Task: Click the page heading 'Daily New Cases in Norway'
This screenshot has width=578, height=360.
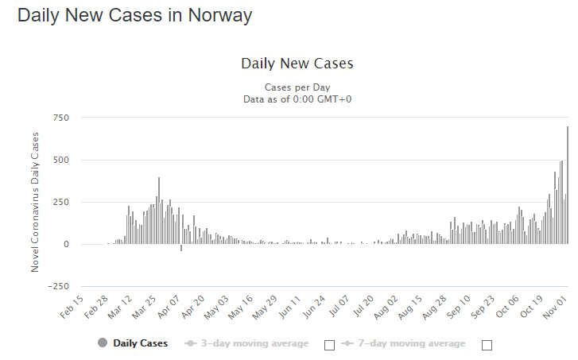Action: click(x=134, y=15)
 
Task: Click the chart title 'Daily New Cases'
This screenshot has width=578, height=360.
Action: click(x=297, y=64)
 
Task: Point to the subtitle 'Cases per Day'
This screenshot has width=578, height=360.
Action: click(x=297, y=87)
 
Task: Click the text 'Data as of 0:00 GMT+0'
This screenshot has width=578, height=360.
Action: click(x=297, y=99)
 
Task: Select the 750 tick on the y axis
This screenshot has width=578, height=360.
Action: click(x=60, y=118)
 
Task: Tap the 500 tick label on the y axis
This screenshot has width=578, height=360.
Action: click(x=60, y=160)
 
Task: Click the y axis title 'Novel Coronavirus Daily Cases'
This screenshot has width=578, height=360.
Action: click(x=35, y=202)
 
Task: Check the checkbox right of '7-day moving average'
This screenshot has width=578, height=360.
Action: click(x=487, y=345)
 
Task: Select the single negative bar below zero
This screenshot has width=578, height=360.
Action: click(x=181, y=247)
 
